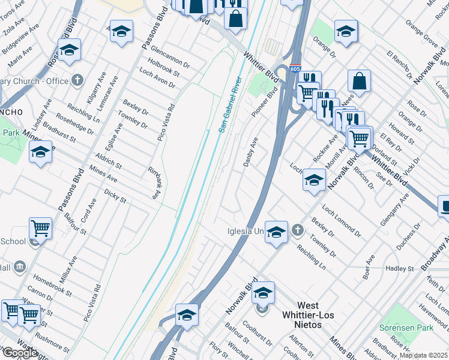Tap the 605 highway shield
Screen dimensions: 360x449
(295, 68)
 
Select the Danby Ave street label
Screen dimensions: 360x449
(251, 152)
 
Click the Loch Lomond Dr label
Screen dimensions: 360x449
(342, 220)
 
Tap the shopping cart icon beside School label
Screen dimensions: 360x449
(40, 228)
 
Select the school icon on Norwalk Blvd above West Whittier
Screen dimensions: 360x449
(263, 293)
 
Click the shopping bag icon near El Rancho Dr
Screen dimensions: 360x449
(359, 82)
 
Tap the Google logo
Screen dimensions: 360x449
(20, 353)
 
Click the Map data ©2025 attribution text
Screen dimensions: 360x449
(424, 355)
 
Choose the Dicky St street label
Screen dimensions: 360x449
(115, 196)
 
